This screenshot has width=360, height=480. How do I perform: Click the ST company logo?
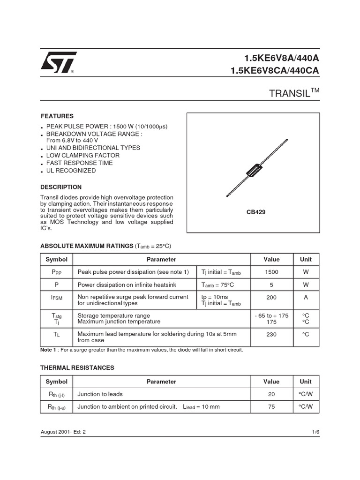(x=58, y=62)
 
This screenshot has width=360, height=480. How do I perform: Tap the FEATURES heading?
(x=57, y=116)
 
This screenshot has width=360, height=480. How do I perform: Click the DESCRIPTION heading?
(x=61, y=187)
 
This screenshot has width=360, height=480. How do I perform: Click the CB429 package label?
(x=256, y=212)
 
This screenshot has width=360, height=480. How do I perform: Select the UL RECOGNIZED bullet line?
(x=71, y=171)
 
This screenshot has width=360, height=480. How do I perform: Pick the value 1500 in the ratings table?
(x=271, y=272)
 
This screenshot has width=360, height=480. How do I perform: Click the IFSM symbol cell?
(x=56, y=297)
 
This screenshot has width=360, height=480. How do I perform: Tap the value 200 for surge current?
(x=271, y=297)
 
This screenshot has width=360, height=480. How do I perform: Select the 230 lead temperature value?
(x=271, y=334)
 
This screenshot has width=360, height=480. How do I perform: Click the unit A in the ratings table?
(x=306, y=297)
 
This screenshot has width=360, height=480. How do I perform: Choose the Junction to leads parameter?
(x=100, y=394)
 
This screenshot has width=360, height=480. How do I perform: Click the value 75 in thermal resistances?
(x=271, y=407)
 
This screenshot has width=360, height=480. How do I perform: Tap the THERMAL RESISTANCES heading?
(x=77, y=368)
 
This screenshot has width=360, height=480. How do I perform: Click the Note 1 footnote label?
(x=49, y=350)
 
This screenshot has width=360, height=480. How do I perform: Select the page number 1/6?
(x=315, y=433)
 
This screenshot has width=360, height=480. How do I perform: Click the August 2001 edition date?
(x=63, y=433)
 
